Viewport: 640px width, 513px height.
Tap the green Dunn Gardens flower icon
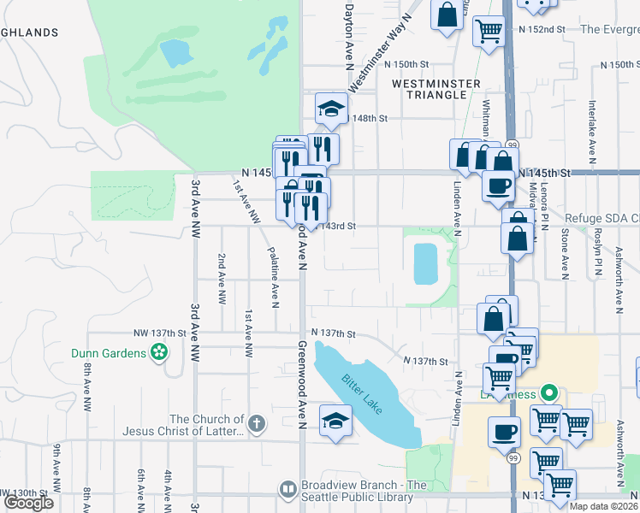(x=158, y=351)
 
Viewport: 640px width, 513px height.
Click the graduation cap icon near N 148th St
(x=331, y=109)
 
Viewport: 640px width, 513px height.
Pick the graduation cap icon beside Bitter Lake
(x=335, y=421)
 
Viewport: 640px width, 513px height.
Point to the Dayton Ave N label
(x=348, y=34)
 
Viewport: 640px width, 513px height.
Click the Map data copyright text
(x=602, y=506)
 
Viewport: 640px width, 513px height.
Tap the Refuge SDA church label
(x=600, y=218)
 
